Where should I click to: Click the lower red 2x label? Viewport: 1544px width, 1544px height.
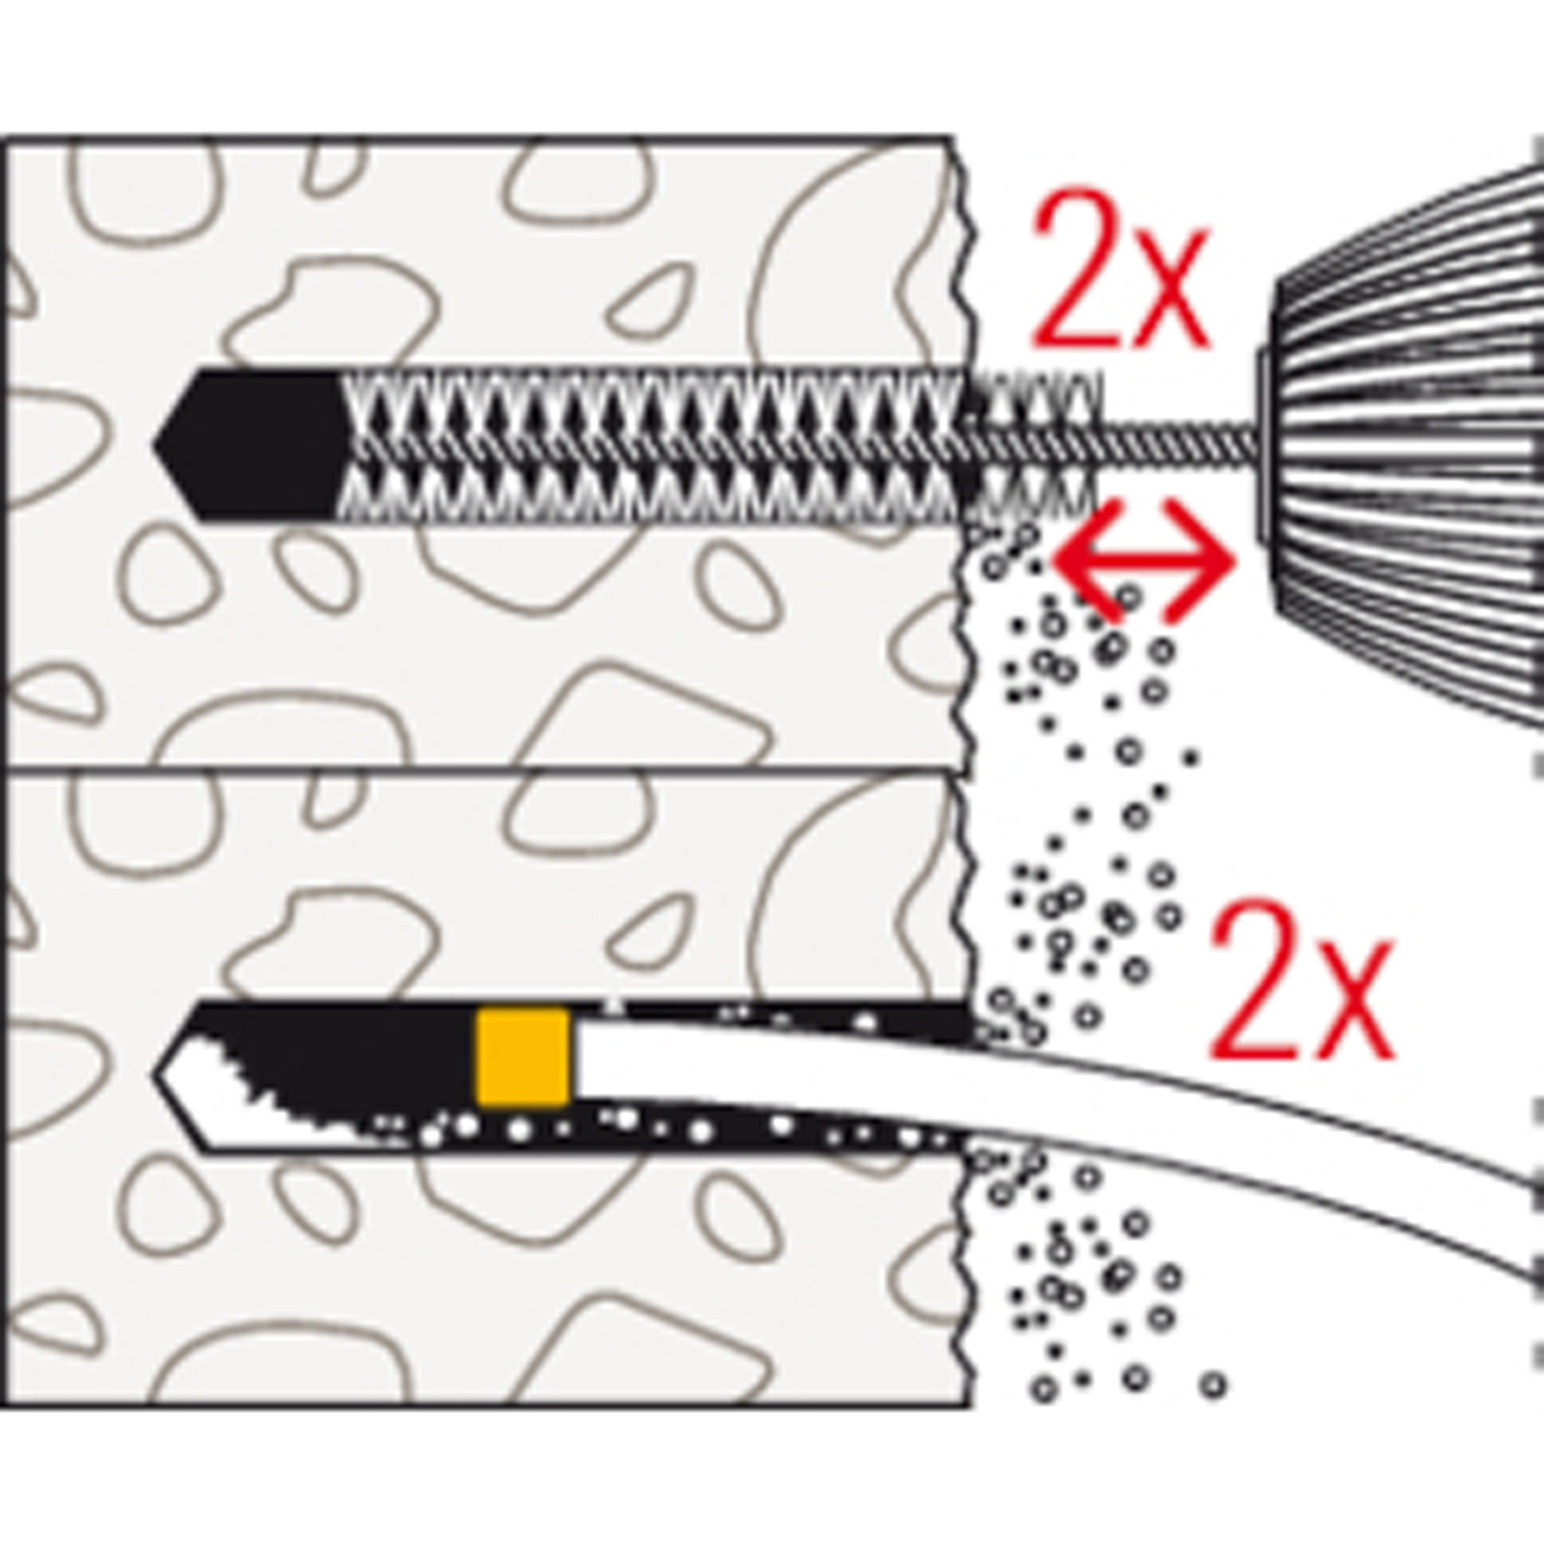coord(1301,980)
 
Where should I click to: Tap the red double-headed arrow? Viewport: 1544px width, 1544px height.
coord(1144,559)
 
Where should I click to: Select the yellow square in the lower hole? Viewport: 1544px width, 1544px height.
coord(522,1058)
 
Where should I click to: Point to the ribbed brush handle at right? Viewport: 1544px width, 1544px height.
coord(1409,444)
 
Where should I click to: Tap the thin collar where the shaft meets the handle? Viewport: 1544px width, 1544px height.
coord(1263,444)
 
